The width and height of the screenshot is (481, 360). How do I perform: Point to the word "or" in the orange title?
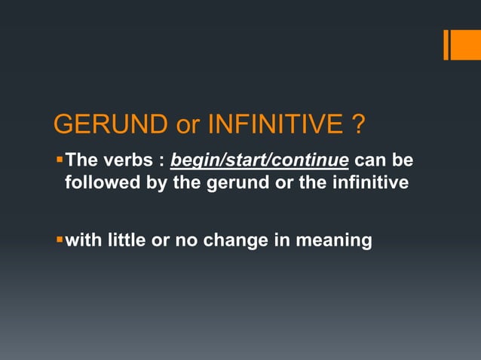coord(187,126)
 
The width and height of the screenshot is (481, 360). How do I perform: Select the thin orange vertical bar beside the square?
coord(446,44)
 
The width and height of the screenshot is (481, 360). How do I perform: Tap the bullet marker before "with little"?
coord(60,239)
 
